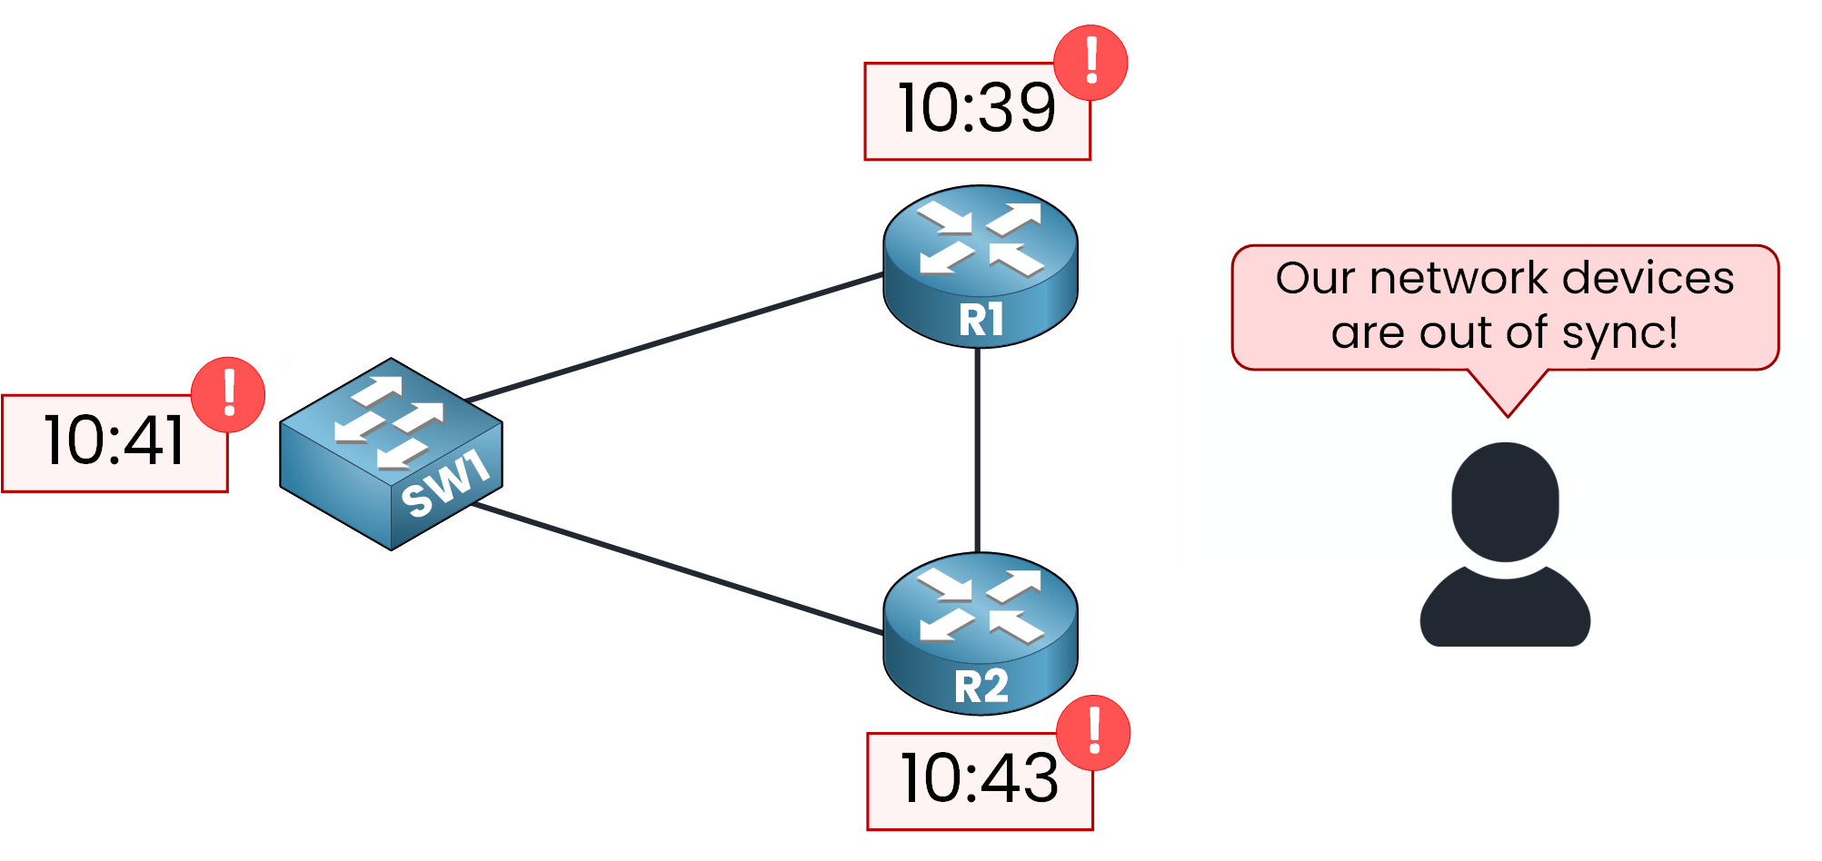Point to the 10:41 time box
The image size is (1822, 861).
(x=114, y=443)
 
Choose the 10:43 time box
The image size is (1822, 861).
(x=978, y=781)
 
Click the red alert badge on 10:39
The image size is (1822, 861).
(x=1090, y=62)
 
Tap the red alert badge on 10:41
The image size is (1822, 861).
(x=228, y=394)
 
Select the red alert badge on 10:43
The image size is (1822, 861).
(x=1093, y=732)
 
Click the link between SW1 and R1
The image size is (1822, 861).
(x=672, y=338)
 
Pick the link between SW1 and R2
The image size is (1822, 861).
(x=677, y=569)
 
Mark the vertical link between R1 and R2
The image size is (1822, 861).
(x=978, y=450)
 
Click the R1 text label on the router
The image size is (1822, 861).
(x=981, y=320)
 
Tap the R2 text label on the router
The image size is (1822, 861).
(x=981, y=687)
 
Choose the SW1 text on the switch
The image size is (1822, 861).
(x=445, y=486)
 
